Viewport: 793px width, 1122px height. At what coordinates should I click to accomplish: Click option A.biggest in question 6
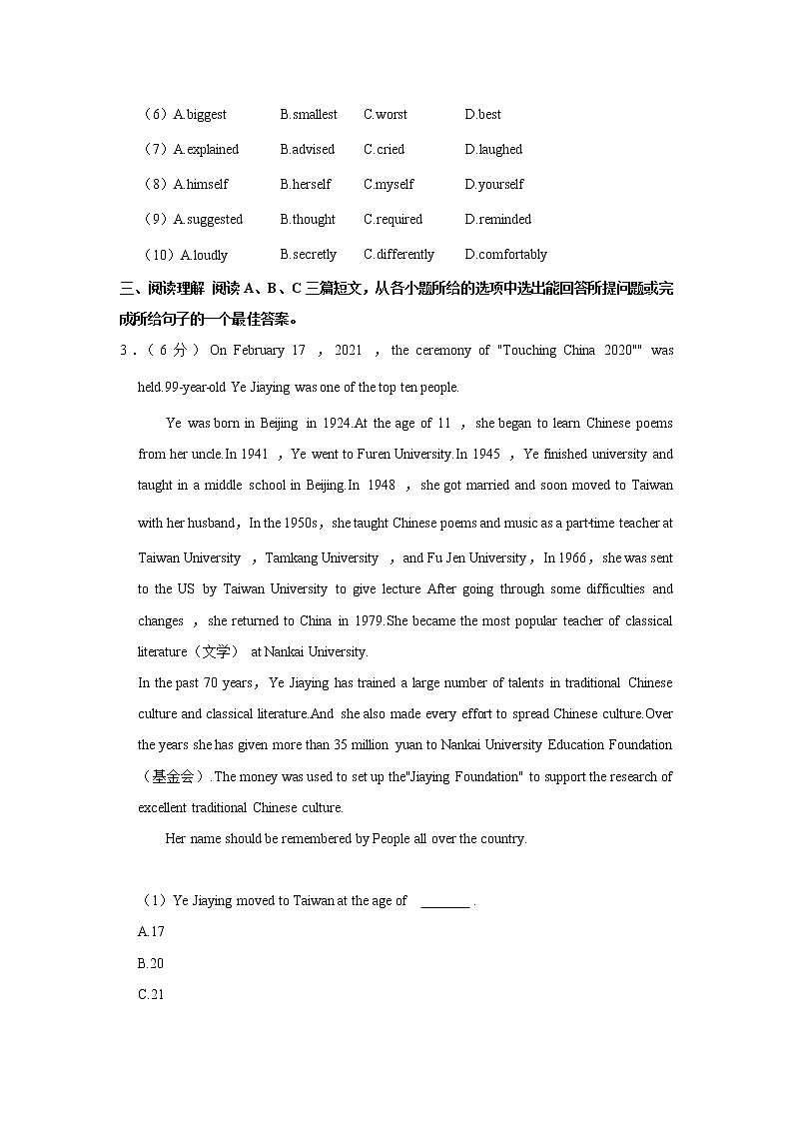point(200,115)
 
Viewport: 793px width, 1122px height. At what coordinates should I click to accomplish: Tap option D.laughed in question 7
point(493,150)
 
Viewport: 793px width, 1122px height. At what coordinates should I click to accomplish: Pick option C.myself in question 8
point(389,185)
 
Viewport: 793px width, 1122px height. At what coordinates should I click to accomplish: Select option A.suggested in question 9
point(208,220)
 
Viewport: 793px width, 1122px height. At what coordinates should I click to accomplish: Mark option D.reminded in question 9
point(497,220)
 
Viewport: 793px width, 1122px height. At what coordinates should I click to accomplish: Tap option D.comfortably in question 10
point(505,255)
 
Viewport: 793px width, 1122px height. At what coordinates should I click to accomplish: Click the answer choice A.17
point(151,932)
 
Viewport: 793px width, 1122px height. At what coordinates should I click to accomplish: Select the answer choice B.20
point(151,964)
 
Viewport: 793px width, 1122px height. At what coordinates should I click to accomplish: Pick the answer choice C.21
point(151,995)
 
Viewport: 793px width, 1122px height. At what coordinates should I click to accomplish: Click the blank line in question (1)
point(444,902)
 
